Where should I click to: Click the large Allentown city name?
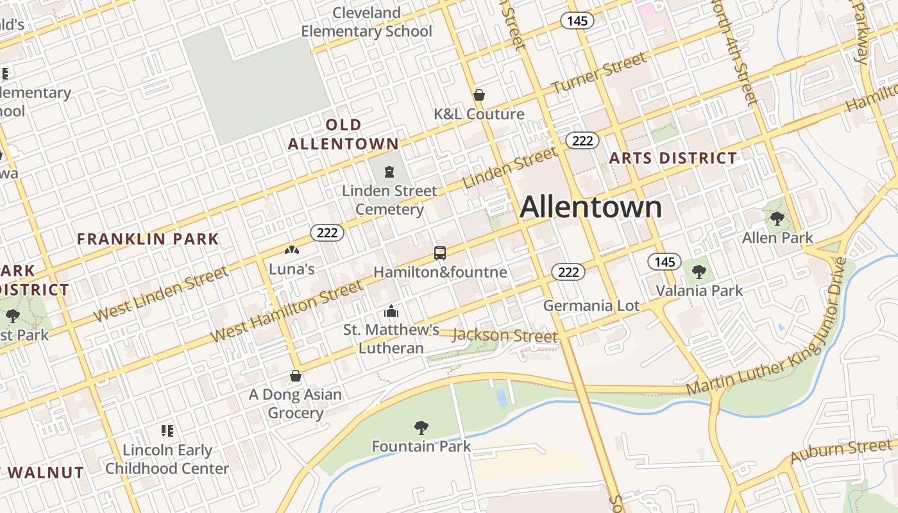591,207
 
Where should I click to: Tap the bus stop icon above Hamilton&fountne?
439,253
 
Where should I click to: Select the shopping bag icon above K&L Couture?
479,96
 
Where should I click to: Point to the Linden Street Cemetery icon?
389,172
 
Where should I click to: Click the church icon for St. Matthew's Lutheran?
391,312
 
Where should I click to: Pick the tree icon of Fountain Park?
421,427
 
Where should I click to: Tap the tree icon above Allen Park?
777,219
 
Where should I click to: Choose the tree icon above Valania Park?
699,271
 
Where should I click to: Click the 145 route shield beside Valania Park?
664,262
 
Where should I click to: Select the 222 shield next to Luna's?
327,233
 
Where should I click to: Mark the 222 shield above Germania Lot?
568,272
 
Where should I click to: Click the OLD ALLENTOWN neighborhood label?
343,134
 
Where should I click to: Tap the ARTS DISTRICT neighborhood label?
673,158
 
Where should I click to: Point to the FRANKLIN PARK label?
148,239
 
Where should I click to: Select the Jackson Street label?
505,335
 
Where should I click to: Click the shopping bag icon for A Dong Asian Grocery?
296,376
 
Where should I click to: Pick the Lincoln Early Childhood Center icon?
167,431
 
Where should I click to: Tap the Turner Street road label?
599,74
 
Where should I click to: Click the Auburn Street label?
841,451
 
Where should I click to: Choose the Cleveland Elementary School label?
367,22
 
